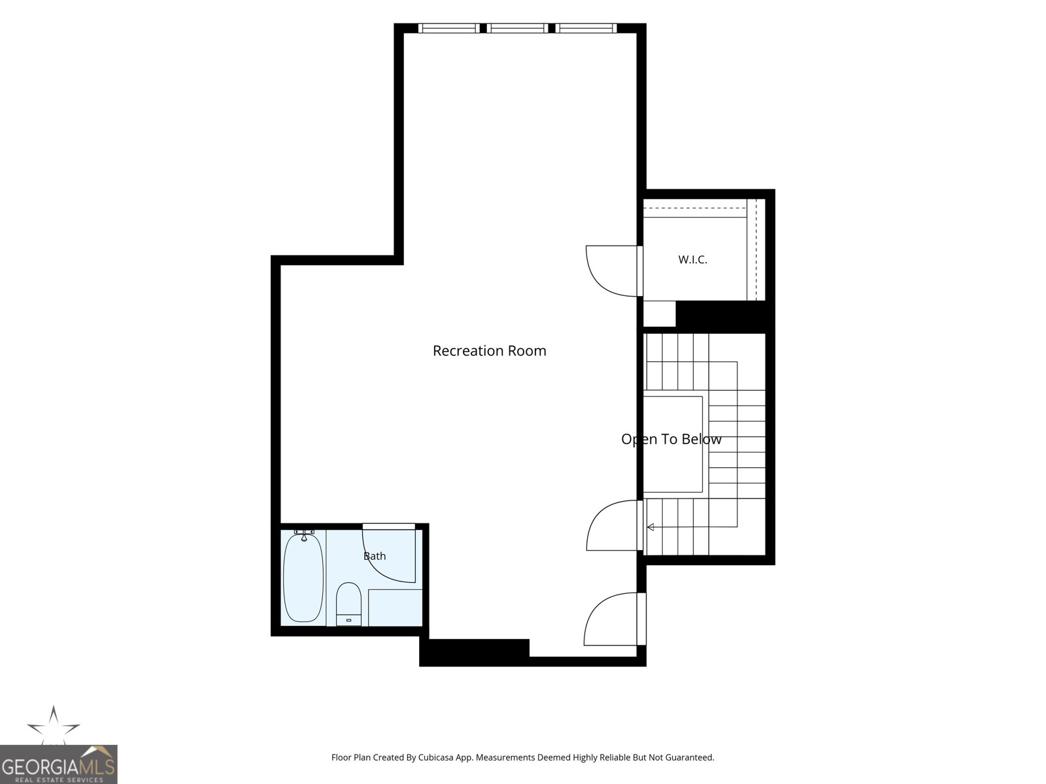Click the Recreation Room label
[490, 351]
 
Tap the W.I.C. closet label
[692, 259]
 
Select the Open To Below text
[671, 439]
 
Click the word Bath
[375, 556]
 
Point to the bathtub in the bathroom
[303, 578]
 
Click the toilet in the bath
[349, 604]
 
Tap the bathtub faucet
[304, 535]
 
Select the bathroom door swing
[388, 555]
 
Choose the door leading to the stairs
[615, 525]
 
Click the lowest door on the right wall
[615, 619]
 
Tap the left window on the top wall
[449, 28]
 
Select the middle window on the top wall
[518, 28]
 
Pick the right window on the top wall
[586, 28]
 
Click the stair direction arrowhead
[650, 527]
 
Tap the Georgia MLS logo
[59, 764]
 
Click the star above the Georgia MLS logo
[54, 725]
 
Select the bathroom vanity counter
[395, 608]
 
